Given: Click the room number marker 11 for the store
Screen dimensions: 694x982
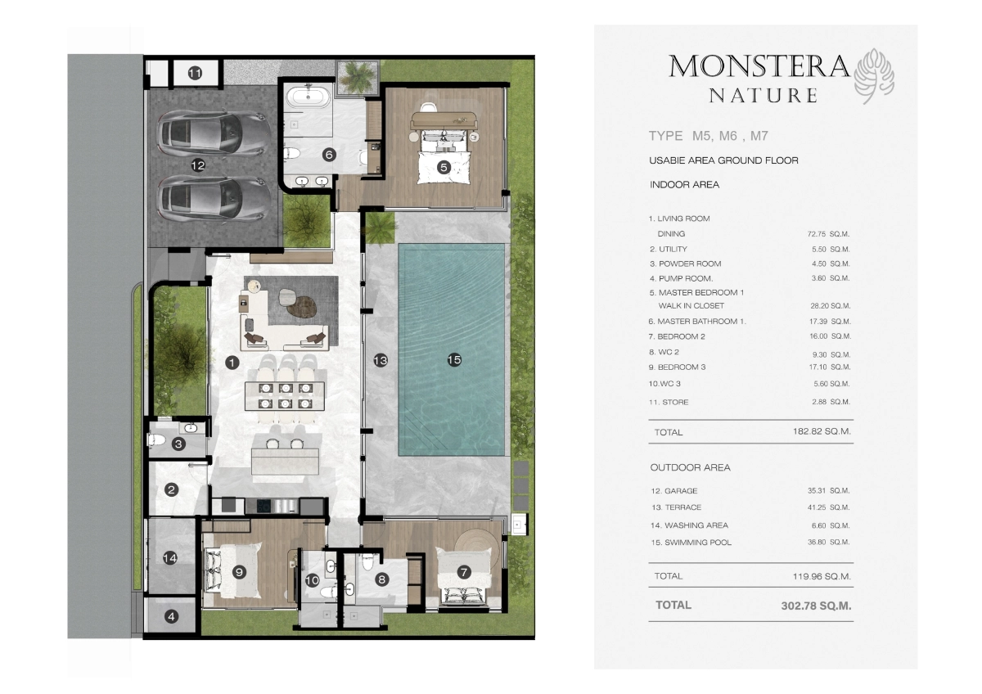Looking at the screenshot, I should (195, 74).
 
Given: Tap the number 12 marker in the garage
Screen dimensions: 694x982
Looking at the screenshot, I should (197, 164).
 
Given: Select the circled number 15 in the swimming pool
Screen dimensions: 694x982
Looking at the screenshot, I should (454, 358).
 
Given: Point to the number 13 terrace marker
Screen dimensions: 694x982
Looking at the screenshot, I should (381, 359).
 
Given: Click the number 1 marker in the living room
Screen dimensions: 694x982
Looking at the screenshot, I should (232, 360).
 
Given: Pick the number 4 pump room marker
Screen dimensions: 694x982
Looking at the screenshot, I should (171, 617).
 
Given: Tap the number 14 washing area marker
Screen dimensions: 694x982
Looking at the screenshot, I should (169, 558).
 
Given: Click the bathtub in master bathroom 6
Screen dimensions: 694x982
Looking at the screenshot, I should (309, 98).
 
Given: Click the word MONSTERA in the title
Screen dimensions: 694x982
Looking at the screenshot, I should (759, 65).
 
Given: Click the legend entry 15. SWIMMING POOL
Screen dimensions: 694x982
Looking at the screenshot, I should (691, 543).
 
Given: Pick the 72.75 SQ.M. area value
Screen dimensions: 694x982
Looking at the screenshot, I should (828, 234).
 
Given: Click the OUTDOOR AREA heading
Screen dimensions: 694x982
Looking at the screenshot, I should (690, 467).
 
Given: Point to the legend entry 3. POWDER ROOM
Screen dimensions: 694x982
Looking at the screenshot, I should (686, 264).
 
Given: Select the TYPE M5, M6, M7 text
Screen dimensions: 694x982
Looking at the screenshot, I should (709, 136).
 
